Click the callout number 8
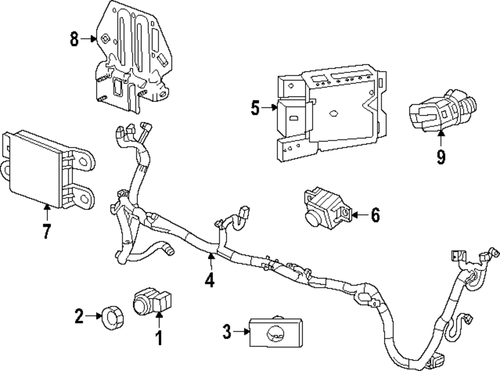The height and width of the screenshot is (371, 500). tap(74, 39)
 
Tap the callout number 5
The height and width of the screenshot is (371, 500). tap(255, 108)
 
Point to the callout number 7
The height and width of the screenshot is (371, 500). tap(47, 231)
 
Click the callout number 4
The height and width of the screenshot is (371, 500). tap(209, 280)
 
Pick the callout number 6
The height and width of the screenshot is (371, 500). tap(375, 215)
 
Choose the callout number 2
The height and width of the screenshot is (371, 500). tap(79, 316)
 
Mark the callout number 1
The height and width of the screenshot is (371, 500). tap(159, 338)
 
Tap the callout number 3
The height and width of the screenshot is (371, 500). tap(226, 332)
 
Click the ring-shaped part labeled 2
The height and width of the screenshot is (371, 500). tap(112, 317)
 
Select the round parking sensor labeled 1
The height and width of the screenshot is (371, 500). tap(152, 301)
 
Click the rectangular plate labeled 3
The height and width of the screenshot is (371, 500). tap(275, 332)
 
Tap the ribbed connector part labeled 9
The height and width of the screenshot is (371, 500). tap(443, 110)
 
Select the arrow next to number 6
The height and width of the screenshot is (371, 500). tap(359, 215)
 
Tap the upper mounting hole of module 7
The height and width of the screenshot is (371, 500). tap(83, 161)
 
